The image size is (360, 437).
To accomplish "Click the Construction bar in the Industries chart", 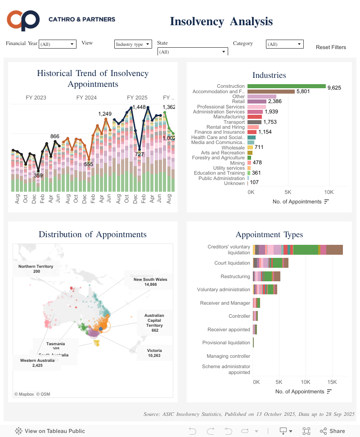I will click(286, 86).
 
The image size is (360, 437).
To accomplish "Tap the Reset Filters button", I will click(331, 47).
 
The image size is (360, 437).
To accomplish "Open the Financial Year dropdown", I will click(58, 44).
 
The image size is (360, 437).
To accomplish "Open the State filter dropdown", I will click(193, 52).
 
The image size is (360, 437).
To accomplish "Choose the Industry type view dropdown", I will click(133, 44).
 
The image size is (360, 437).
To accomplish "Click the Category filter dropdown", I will click(285, 44).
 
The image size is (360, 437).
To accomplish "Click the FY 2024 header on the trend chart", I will click(86, 98).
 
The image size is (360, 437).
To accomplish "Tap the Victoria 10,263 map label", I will click(154, 353).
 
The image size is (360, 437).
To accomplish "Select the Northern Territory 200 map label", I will click(36, 269).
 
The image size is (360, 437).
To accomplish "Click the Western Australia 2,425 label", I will click(37, 363).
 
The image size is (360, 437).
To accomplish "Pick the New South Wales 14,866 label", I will click(150, 282).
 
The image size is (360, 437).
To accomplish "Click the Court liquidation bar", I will click(270, 263).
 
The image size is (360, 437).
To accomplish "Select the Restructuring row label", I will click(235, 276).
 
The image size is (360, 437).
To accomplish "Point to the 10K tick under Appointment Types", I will click(306, 382).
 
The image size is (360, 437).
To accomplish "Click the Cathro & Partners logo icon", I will click(23, 20).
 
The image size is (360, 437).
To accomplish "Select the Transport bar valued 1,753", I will click(254, 122).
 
